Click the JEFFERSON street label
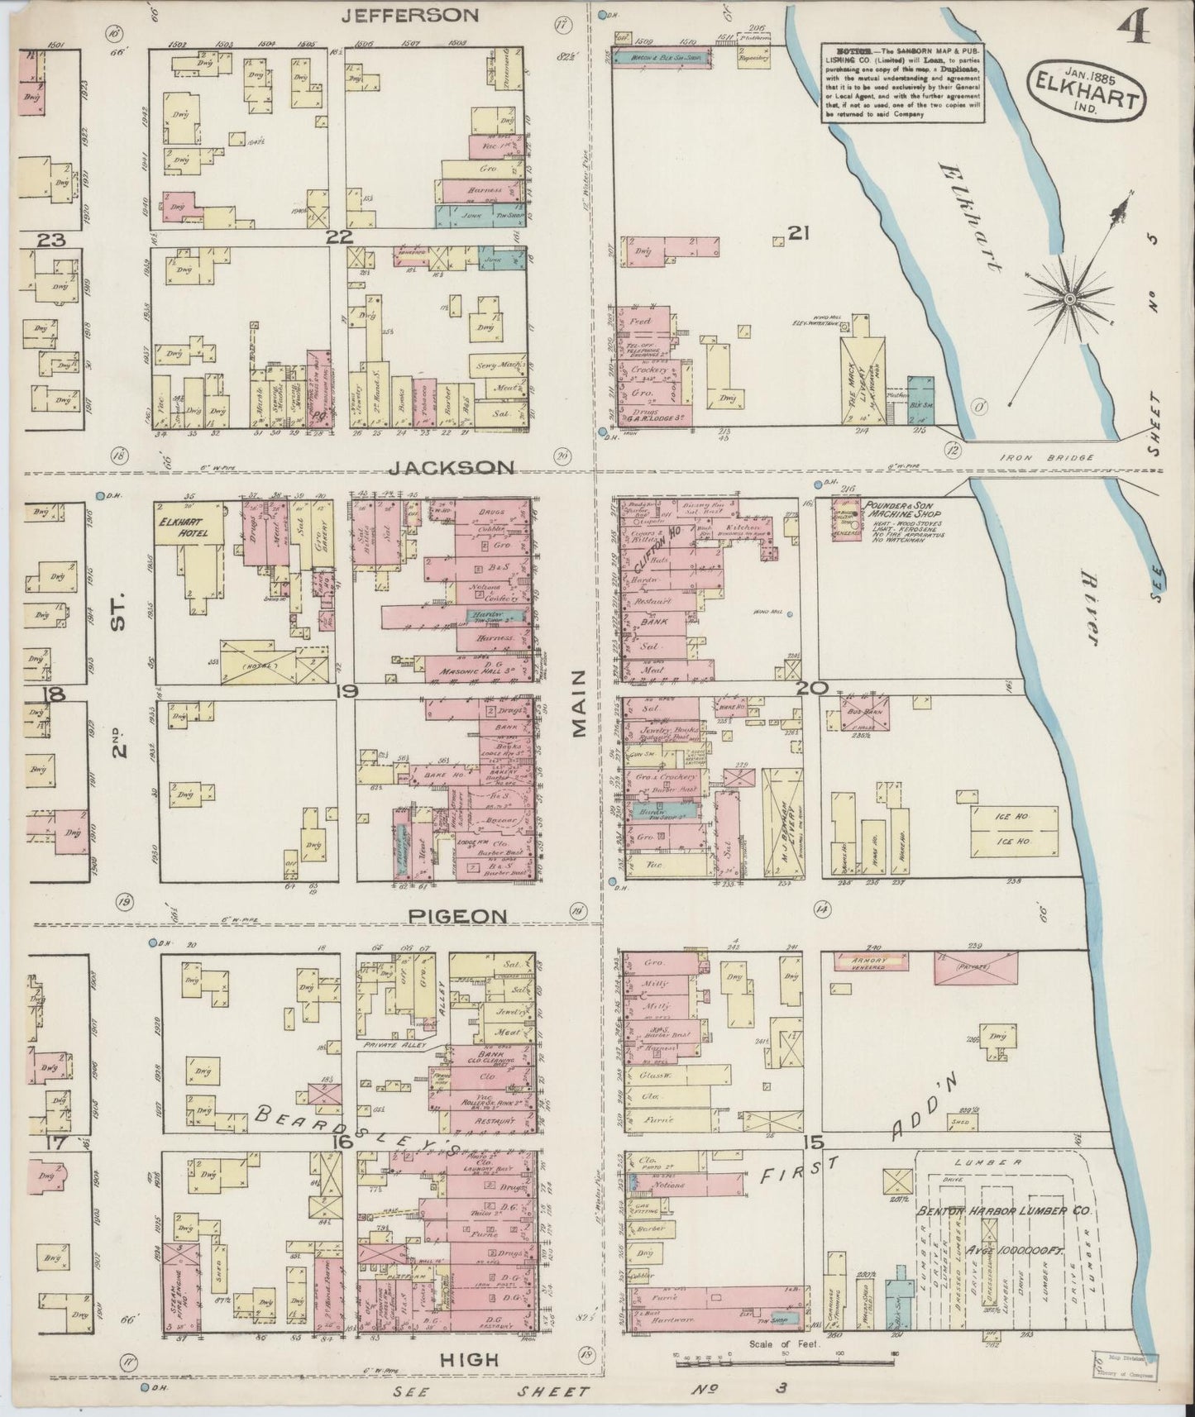point(410,15)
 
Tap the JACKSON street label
point(452,468)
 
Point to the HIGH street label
point(468,1359)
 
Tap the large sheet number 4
point(1132,29)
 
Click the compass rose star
point(1068,298)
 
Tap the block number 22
point(339,237)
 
